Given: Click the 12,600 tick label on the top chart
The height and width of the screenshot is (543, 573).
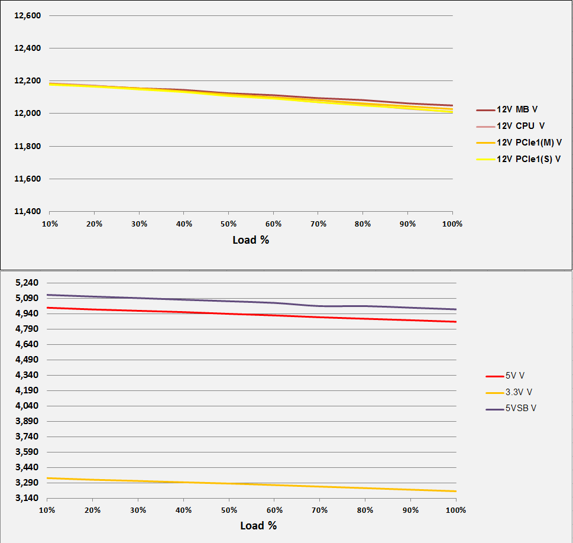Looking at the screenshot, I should tap(27, 15).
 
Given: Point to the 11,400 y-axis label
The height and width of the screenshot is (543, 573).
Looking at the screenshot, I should tap(27, 211).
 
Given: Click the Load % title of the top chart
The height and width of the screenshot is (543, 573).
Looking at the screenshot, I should tap(251, 240).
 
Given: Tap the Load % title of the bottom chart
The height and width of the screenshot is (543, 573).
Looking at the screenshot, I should tap(258, 525).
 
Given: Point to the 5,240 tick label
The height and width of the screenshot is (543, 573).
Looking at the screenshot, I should tap(27, 283).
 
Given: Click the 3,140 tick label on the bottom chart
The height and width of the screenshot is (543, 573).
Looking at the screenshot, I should tap(27, 498).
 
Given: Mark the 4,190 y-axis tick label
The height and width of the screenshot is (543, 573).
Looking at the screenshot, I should tap(27, 390).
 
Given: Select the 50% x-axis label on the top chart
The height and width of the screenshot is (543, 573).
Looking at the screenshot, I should tap(228, 224).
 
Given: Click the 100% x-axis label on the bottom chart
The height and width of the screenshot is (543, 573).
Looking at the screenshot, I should tap(455, 510).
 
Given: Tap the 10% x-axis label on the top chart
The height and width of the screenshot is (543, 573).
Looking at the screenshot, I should tap(50, 224).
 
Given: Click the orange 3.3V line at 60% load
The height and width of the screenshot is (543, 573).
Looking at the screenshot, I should tap(274, 485).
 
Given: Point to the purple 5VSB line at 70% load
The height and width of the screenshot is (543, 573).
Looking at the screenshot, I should tap(320, 306).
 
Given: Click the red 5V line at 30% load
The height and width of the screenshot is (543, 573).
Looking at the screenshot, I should tap(138, 311).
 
